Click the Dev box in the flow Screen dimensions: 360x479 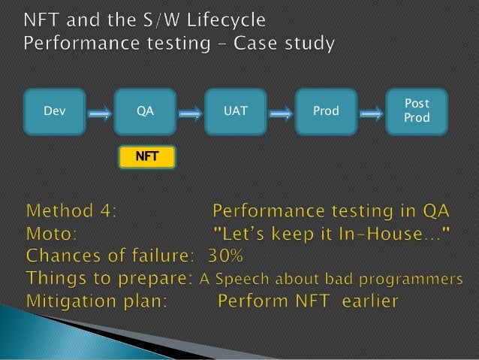[54, 111]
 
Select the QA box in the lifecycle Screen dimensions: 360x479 [145, 111]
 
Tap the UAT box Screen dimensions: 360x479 [235, 111]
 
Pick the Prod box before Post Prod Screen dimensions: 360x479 [326, 111]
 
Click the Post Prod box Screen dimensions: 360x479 [417, 110]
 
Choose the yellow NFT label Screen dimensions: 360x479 [146, 157]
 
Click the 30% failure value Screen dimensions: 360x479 [227, 256]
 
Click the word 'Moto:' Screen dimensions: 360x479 [52, 234]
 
